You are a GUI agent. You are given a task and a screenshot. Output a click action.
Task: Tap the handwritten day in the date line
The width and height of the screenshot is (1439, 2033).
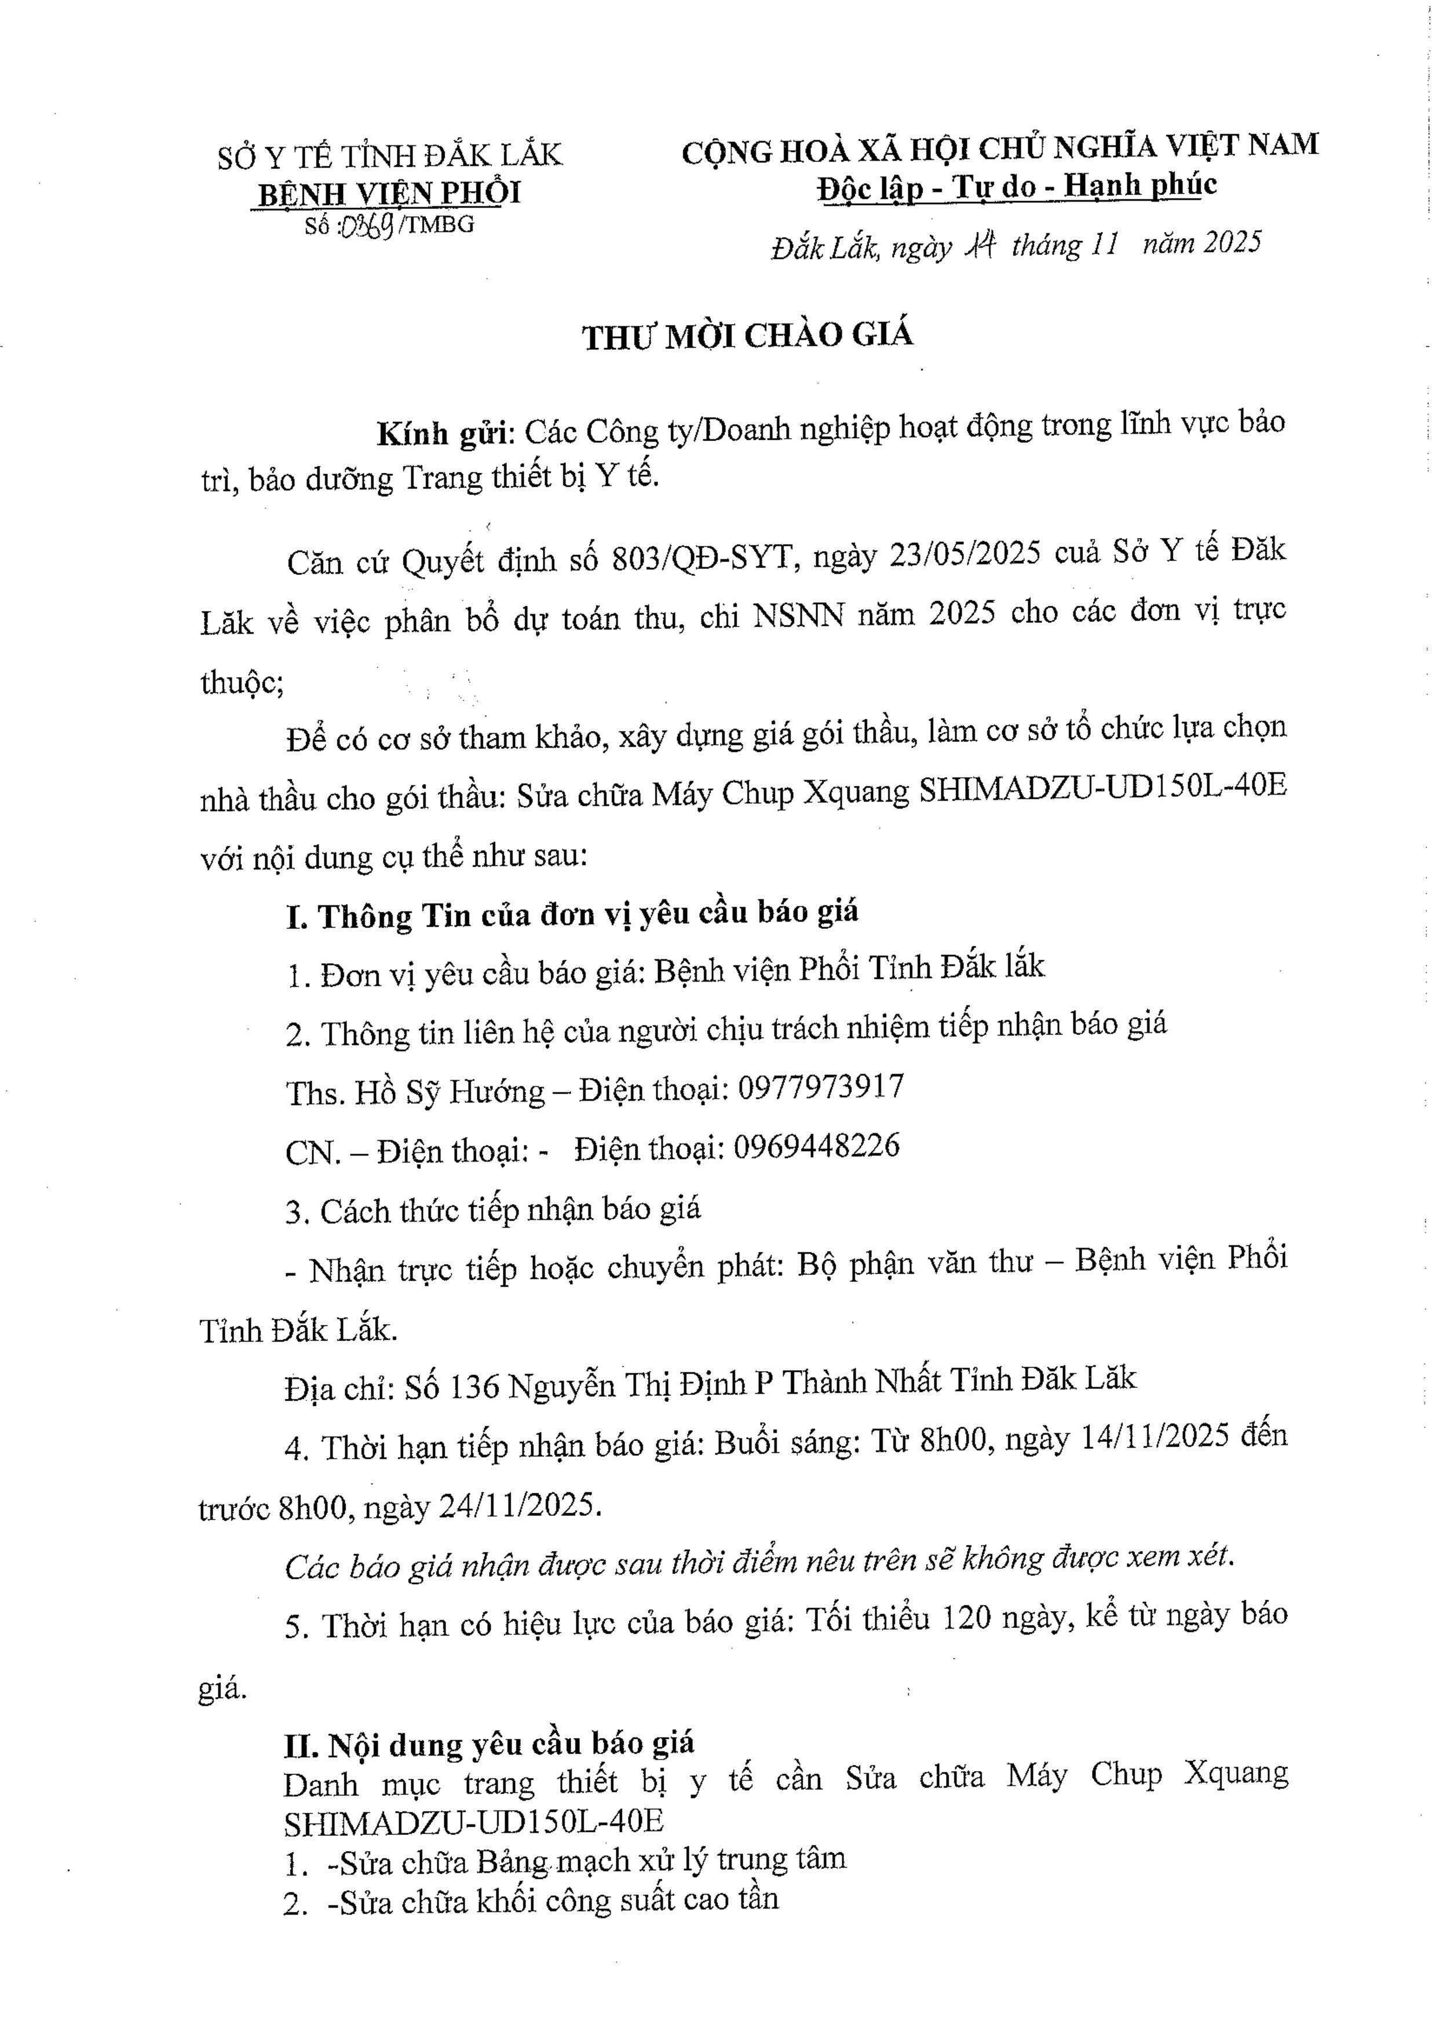(x=981, y=245)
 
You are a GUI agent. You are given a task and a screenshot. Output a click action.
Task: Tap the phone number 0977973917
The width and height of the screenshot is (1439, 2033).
(x=820, y=1087)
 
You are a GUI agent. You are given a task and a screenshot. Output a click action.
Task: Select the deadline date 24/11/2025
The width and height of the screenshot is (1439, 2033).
(x=518, y=1507)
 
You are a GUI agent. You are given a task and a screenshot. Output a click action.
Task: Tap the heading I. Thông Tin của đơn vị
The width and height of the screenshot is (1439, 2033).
(x=572, y=915)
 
